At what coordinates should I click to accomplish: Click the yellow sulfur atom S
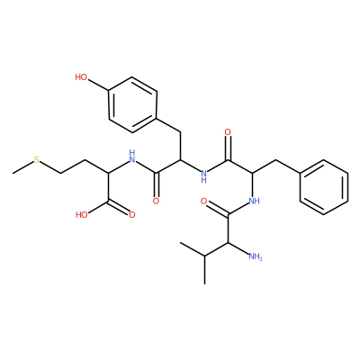pyautogui.click(x=36, y=159)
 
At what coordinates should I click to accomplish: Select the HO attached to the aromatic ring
pyautogui.click(x=81, y=77)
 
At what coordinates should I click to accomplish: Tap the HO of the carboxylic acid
pyautogui.click(x=82, y=215)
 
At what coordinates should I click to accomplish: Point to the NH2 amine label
pyautogui.click(x=256, y=256)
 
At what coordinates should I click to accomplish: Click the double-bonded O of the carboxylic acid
pyautogui.click(x=132, y=215)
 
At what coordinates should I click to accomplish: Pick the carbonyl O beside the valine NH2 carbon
pyautogui.click(x=203, y=201)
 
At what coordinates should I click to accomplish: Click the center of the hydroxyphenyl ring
pyautogui.click(x=132, y=104)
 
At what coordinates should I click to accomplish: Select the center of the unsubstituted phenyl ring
pyautogui.click(x=324, y=187)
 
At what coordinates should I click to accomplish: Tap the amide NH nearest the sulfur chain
pyautogui.click(x=132, y=155)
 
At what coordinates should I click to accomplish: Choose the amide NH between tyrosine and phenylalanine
pyautogui.click(x=204, y=176)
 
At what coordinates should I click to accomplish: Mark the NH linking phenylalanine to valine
pyautogui.click(x=255, y=201)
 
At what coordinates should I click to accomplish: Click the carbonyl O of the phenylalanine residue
pyautogui.click(x=228, y=132)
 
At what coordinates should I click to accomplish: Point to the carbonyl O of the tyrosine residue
pyautogui.click(x=156, y=201)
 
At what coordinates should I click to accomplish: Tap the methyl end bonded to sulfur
pyautogui.click(x=13, y=174)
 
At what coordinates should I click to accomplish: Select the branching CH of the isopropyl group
pyautogui.click(x=204, y=256)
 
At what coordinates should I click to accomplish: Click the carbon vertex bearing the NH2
pyautogui.click(x=229, y=242)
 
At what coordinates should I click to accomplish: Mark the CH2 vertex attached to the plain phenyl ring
pyautogui.click(x=276, y=159)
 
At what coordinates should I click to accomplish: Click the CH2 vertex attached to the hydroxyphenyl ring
pyautogui.click(x=180, y=132)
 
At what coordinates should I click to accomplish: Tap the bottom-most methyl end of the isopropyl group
pyautogui.click(x=204, y=283)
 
